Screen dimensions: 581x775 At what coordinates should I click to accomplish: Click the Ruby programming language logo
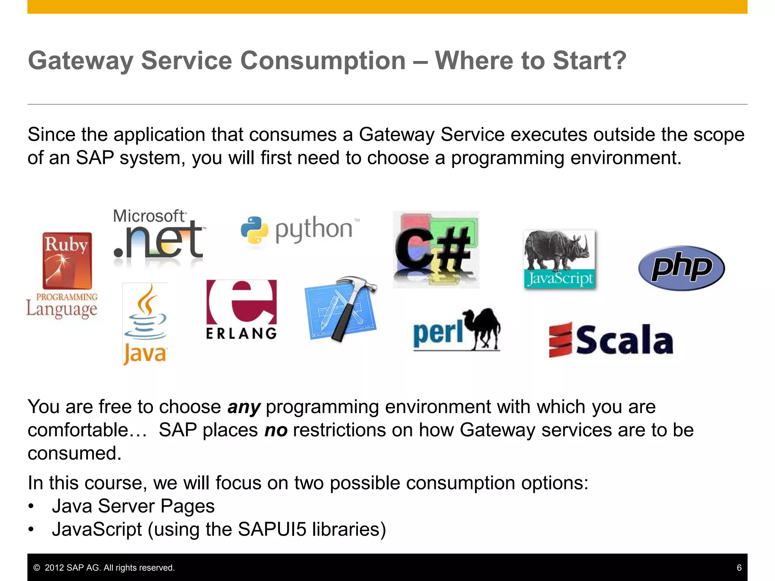tap(67, 261)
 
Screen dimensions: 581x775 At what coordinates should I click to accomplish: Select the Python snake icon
tap(254, 230)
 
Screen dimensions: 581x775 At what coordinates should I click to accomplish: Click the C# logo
tap(436, 250)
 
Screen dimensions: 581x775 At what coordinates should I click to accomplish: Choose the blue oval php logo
tap(681, 268)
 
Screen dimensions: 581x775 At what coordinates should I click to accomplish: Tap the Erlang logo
tap(241, 309)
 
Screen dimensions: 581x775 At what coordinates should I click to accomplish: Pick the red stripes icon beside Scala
tap(560, 340)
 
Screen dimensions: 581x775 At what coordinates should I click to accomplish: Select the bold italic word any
tap(244, 407)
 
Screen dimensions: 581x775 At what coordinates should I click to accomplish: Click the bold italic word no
tap(276, 430)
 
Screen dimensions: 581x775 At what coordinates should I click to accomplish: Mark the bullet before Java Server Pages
tap(31, 506)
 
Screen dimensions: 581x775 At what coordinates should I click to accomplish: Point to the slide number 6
tap(739, 568)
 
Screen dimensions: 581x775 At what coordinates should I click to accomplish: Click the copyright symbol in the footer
tap(37, 568)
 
